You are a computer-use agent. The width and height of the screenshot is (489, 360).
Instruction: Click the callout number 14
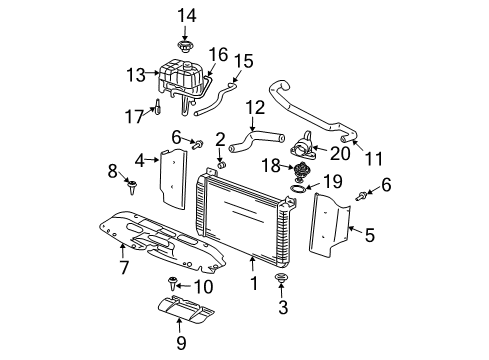click(183, 14)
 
